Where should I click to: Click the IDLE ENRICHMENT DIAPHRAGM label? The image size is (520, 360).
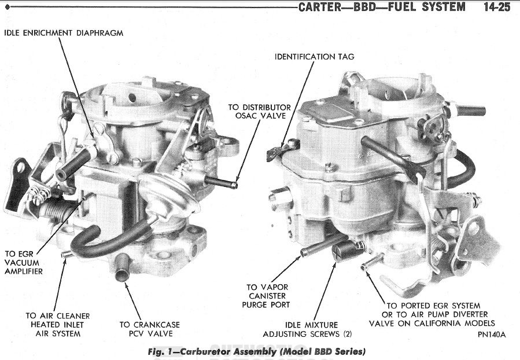click(64, 33)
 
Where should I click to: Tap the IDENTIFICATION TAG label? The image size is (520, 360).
click(314, 57)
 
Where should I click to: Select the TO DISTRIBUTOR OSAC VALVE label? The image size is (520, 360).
click(259, 112)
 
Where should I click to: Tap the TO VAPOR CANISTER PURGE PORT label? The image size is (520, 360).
click(268, 296)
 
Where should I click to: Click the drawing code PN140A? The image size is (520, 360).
click(492, 335)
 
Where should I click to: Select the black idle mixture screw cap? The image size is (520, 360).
click(342, 253)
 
